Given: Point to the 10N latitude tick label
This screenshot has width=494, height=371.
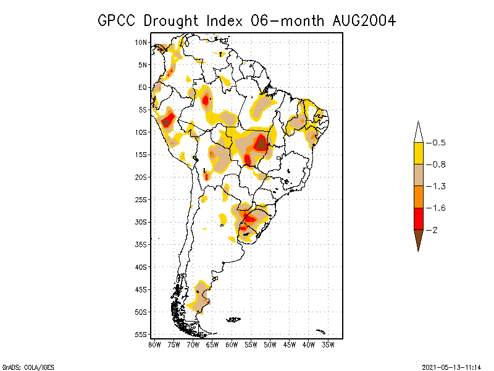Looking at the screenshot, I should coord(141,42).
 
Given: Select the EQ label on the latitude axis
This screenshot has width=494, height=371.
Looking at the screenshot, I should coord(143,87).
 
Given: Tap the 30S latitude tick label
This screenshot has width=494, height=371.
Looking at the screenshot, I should coord(141,222).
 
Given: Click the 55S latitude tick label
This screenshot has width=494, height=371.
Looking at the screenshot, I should coord(141,335).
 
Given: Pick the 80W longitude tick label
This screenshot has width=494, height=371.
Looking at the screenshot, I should coord(154,344).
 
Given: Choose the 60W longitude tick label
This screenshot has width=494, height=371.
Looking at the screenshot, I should coord(232,344).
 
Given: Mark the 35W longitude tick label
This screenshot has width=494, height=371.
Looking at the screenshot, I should coord(328,344).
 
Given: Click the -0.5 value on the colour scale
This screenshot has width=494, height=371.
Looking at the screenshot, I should coord(438,143).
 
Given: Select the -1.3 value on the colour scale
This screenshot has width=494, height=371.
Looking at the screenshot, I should coord(438,186).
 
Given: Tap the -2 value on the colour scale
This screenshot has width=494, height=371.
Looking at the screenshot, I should coord(436,229).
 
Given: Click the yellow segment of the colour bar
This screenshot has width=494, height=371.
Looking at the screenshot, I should coord(419,153).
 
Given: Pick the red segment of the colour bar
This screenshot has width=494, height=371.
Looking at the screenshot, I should coord(419,218).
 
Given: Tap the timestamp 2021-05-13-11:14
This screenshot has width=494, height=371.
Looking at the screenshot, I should coord(452,365).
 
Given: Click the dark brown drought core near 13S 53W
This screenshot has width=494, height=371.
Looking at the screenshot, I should coord(261,143).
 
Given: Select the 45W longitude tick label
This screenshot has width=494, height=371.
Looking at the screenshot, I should coord(290,344).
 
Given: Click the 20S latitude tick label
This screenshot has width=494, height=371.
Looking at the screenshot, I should coord(141,177).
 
